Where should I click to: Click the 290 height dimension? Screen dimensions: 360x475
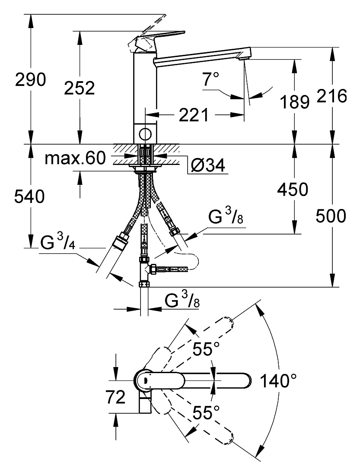click(x=30, y=80)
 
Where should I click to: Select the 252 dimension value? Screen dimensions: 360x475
click(x=80, y=88)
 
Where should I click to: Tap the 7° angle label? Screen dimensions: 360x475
click(x=211, y=79)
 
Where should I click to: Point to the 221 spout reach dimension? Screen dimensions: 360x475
click(x=194, y=115)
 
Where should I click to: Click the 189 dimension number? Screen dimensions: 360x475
click(x=294, y=102)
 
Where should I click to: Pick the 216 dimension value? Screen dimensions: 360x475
click(x=332, y=96)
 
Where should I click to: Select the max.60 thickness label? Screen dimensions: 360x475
click(x=75, y=158)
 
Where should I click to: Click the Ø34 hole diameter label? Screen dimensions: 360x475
click(x=208, y=165)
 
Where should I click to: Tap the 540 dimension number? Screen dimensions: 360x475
click(x=29, y=196)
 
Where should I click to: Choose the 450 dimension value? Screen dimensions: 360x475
click(x=293, y=189)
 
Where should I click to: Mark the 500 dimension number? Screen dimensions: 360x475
click(x=331, y=216)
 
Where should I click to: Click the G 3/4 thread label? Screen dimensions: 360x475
click(x=57, y=242)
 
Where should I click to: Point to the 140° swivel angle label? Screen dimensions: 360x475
click(x=278, y=381)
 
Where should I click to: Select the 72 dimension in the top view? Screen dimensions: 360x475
click(x=115, y=397)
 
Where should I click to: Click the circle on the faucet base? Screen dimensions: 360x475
click(x=145, y=133)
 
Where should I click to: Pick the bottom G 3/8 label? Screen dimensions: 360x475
click(x=182, y=301)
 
